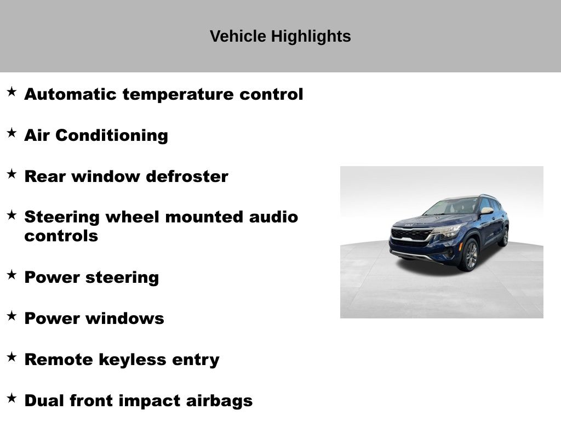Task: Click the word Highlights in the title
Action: point(311,37)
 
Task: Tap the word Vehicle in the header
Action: point(238,36)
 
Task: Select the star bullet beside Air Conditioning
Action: point(12,133)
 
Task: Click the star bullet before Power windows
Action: point(12,316)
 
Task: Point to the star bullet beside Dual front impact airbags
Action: point(12,398)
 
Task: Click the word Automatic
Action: point(71,94)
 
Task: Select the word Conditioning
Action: point(112,136)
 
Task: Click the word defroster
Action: point(187,177)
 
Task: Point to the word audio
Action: point(273,217)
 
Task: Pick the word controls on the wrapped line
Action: point(61,236)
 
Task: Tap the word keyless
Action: point(133,360)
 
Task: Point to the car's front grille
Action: point(411,235)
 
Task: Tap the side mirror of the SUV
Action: point(486,210)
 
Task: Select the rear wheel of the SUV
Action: point(505,237)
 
